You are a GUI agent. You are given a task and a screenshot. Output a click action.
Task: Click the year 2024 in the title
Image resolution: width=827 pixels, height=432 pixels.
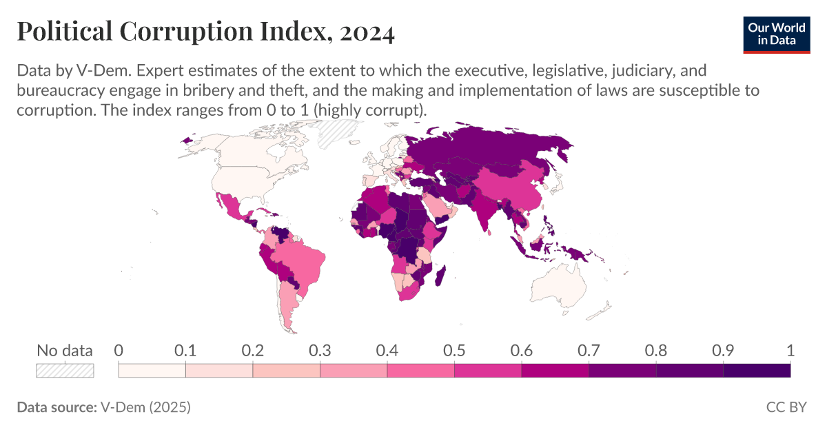click(366, 32)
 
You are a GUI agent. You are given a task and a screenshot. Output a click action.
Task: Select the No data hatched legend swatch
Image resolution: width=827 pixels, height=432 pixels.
click(65, 371)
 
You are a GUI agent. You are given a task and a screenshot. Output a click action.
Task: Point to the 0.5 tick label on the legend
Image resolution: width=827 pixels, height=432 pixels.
click(454, 350)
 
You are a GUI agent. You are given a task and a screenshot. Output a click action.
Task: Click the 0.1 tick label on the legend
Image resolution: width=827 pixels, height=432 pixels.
click(185, 350)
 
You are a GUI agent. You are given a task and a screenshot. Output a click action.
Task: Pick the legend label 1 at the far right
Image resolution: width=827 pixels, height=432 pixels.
click(790, 350)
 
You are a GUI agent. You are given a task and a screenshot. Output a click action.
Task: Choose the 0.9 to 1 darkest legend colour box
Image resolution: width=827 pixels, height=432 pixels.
click(756, 371)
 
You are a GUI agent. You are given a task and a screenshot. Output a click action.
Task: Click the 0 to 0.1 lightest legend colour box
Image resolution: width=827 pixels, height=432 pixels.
click(152, 371)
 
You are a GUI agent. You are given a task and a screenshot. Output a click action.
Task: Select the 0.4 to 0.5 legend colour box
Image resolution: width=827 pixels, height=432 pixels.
click(420, 371)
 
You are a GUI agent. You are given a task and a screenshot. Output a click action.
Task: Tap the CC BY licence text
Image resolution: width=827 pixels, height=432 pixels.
click(786, 407)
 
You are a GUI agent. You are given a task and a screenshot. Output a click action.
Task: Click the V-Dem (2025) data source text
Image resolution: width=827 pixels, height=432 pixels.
click(145, 407)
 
